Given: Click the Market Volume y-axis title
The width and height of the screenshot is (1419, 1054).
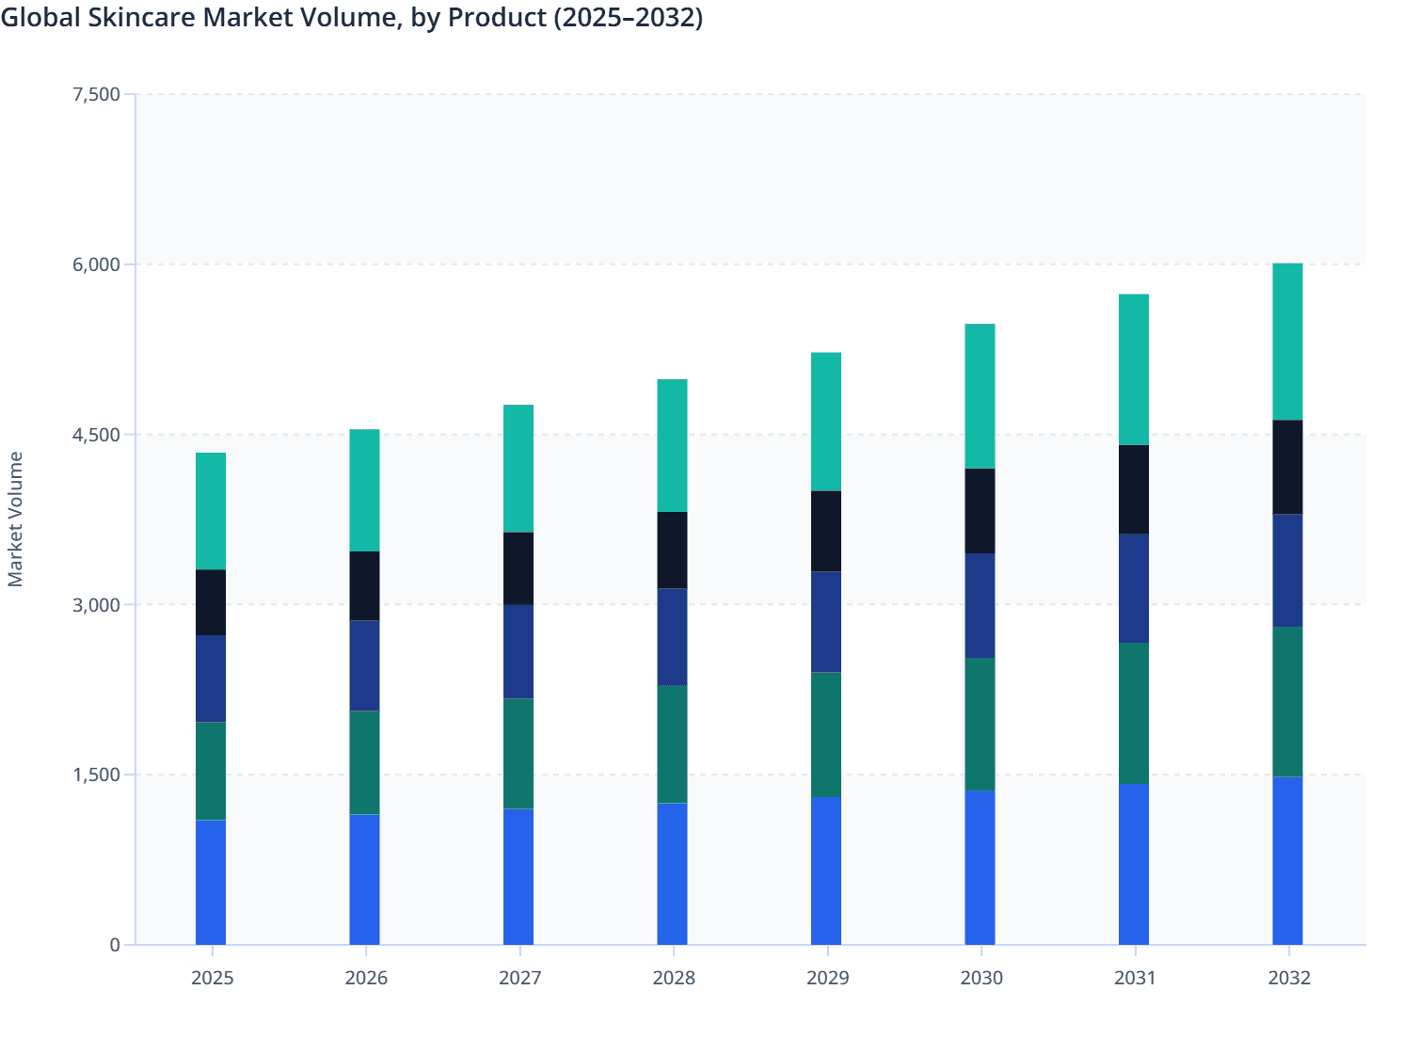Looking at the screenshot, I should pyautogui.click(x=15, y=519).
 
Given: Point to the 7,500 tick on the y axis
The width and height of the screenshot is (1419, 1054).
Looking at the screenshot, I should pyautogui.click(x=96, y=94).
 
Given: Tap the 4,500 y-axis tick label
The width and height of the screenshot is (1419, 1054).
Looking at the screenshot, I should pyautogui.click(x=96, y=435).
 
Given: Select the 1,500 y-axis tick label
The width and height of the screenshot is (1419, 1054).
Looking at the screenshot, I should pyautogui.click(x=96, y=775).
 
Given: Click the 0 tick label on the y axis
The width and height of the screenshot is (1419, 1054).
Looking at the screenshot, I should pyautogui.click(x=115, y=945).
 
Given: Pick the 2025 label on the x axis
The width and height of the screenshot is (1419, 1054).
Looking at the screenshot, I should pyautogui.click(x=212, y=978).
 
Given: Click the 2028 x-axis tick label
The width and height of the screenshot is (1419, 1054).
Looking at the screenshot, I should pyautogui.click(x=674, y=978).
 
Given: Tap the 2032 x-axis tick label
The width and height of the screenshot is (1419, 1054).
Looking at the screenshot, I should pyautogui.click(x=1288, y=978).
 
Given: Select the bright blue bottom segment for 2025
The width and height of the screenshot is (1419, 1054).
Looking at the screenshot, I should pyautogui.click(x=211, y=882).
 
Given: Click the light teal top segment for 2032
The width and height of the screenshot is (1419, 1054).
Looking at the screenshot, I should pyautogui.click(x=1287, y=342).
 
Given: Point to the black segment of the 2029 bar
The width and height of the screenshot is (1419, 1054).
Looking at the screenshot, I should pyautogui.click(x=826, y=531).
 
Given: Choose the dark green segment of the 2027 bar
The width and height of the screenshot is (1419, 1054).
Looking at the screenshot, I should pyautogui.click(x=518, y=753).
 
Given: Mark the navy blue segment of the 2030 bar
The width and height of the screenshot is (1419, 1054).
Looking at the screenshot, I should pyautogui.click(x=980, y=605).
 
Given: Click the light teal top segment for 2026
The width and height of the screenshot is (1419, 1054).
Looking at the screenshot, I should pyautogui.click(x=364, y=490).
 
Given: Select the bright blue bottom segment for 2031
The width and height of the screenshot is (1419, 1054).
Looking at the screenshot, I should pyautogui.click(x=1134, y=864).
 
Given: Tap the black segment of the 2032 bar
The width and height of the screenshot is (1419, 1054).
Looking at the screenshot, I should pyautogui.click(x=1287, y=467).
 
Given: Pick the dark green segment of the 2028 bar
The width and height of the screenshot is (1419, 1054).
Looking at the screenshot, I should pyautogui.click(x=672, y=743).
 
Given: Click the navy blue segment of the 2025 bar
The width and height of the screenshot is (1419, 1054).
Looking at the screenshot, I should pyautogui.click(x=211, y=679).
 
